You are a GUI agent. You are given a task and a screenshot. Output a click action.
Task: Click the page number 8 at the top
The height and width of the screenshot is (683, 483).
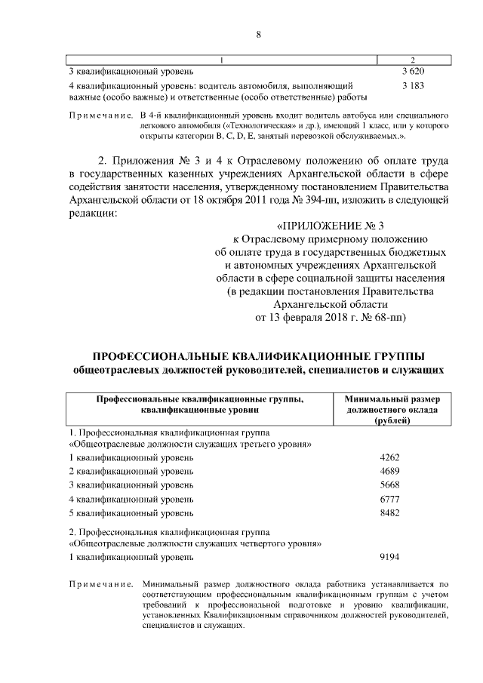(258, 34)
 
